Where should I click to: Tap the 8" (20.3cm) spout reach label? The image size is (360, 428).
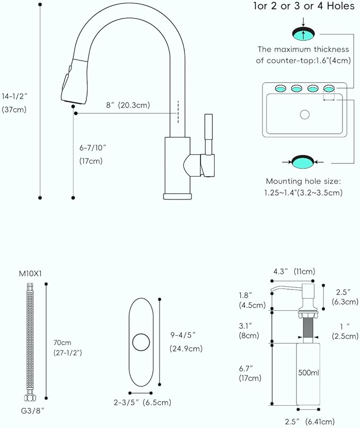tap(128, 105)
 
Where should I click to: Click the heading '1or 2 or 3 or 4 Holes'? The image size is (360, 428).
tap(303, 6)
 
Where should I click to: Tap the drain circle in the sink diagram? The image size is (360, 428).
tap(305, 114)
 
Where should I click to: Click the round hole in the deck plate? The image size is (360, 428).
tap(141, 342)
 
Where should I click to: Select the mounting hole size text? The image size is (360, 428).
tap(303, 187)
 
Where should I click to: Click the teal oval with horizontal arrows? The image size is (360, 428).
tap(303, 160)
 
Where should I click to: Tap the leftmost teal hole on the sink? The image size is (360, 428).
tap(280, 88)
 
